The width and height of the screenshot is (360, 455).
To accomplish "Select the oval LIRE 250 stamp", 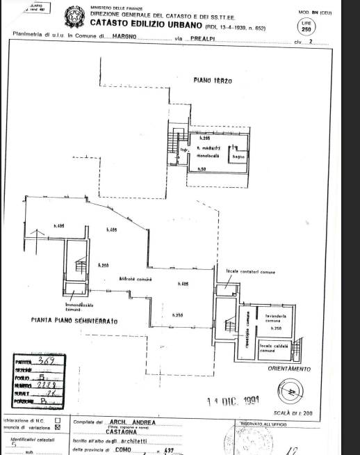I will (306, 26).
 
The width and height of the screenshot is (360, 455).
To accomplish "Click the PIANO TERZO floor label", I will (213, 81).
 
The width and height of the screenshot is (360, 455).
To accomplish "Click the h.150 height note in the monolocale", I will (202, 170).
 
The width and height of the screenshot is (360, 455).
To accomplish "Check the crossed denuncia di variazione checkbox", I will (57, 428).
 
